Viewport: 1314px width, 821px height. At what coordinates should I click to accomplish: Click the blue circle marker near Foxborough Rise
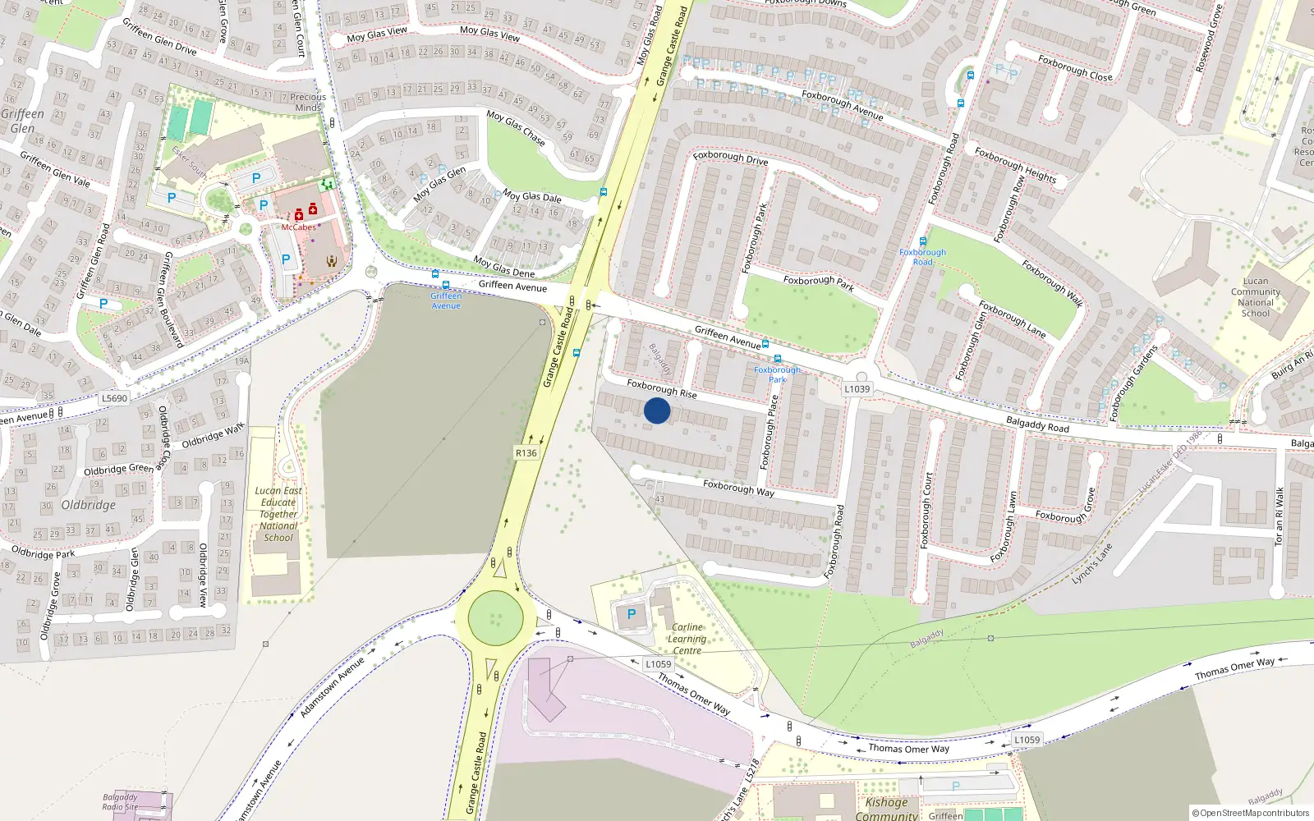(657, 410)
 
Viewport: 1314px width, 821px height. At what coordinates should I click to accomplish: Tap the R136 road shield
(526, 453)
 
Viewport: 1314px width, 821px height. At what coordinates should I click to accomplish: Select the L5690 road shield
(115, 398)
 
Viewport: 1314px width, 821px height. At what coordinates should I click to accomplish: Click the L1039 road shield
(857, 389)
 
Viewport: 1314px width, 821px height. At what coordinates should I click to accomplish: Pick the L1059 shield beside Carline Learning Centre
(658, 664)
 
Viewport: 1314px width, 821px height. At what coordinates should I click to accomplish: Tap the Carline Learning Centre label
(687, 639)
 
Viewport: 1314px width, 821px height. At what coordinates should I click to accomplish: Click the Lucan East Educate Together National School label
(278, 514)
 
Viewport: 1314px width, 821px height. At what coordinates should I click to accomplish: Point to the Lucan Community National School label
(1256, 297)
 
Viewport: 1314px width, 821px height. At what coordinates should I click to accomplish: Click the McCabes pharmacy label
(299, 227)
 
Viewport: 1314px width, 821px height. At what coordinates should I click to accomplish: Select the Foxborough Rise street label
(662, 388)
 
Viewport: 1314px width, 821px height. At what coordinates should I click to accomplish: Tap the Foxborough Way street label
(738, 488)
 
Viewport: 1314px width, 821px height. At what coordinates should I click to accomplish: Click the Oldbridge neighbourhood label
(89, 505)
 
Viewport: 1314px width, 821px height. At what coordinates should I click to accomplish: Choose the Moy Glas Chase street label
(516, 127)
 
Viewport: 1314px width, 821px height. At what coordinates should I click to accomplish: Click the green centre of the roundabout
(495, 617)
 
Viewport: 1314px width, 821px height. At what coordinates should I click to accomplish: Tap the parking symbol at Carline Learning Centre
(632, 614)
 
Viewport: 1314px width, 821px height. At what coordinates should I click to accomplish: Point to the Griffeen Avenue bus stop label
(446, 300)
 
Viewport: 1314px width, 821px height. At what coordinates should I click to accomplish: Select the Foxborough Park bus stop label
(777, 374)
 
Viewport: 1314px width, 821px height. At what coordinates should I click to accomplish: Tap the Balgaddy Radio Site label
(120, 801)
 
